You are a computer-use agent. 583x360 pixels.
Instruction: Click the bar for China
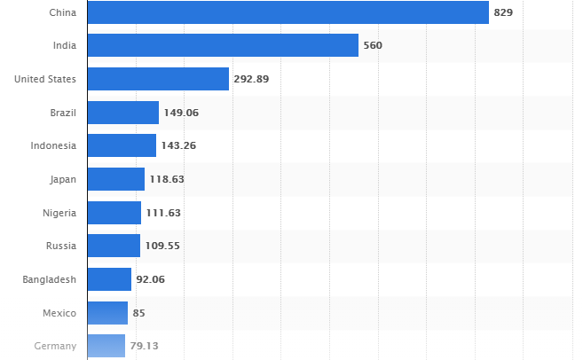click(288, 12)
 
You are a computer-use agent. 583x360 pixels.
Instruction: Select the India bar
click(223, 45)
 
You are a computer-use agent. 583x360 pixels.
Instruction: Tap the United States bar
click(158, 79)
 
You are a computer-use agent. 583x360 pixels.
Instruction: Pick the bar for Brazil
click(123, 113)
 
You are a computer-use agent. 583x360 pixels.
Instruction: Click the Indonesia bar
click(122, 145)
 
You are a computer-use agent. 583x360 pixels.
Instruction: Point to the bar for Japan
click(116, 179)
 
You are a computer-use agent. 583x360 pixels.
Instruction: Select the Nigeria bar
click(114, 213)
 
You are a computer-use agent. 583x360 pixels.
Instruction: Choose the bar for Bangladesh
click(110, 279)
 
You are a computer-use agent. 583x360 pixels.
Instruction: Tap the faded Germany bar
click(106, 346)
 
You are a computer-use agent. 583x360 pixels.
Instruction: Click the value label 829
click(504, 12)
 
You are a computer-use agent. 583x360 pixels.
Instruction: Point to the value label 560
click(373, 45)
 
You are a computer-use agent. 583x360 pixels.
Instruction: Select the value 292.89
click(251, 79)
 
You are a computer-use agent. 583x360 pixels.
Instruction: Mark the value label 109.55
click(162, 246)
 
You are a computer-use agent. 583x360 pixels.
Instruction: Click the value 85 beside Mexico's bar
click(138, 313)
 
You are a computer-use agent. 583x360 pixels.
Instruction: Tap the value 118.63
click(167, 179)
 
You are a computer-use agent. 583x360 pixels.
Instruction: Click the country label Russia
click(60, 246)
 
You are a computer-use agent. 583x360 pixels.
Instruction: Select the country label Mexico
click(59, 313)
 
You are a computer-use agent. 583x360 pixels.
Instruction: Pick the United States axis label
click(45, 79)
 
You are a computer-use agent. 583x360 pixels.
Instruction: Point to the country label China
click(62, 12)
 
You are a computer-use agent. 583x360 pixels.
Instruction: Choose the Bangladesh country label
click(50, 279)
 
